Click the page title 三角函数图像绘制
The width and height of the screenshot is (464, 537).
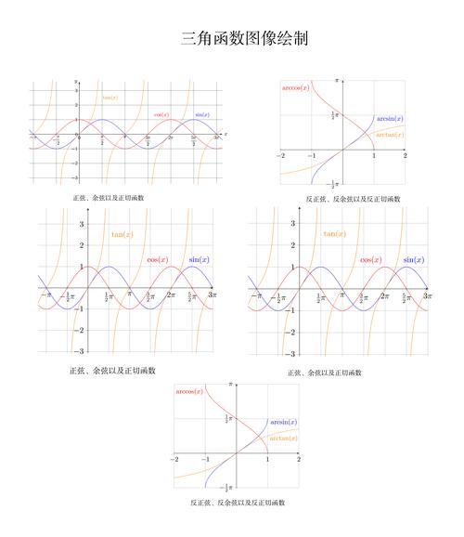245,39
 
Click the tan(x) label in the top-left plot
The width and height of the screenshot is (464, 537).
110,98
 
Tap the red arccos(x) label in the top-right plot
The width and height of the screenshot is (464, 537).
295,87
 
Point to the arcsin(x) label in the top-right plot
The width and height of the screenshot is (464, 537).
390,119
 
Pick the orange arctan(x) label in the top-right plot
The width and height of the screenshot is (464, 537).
390,135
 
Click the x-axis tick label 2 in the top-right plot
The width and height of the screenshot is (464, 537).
405,155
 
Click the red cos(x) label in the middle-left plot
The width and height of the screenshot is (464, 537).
158,259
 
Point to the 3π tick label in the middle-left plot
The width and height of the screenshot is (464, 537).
212,295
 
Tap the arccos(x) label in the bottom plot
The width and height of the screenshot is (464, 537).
189,391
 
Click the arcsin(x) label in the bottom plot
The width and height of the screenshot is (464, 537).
283,422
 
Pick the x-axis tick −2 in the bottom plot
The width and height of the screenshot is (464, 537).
174,459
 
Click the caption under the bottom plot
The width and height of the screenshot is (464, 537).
238,503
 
